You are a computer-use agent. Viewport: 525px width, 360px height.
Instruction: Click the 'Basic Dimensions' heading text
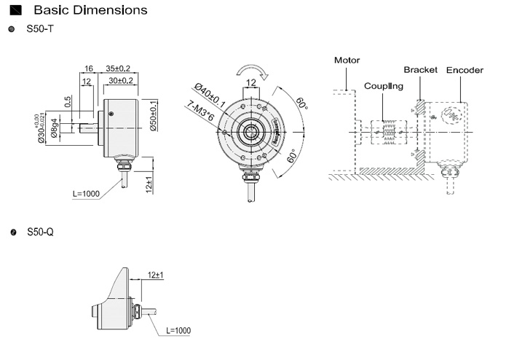tap(90, 10)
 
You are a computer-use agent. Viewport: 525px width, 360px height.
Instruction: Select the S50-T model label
tap(40, 29)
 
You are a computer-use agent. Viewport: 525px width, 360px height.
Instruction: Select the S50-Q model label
tap(40, 232)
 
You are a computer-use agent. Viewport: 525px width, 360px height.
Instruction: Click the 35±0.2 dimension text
tap(118, 68)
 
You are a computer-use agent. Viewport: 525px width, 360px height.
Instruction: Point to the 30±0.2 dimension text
tap(119, 80)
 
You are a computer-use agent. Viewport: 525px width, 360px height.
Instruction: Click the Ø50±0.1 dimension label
tap(154, 117)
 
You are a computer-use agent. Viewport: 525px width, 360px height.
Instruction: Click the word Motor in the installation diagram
tap(347, 60)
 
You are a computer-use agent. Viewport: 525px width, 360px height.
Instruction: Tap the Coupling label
tap(384, 85)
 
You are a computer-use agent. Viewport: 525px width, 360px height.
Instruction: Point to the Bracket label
tap(420, 70)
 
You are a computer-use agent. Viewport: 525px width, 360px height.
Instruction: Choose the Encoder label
tap(465, 70)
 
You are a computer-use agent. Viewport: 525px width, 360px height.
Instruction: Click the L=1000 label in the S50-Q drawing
tap(178, 330)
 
